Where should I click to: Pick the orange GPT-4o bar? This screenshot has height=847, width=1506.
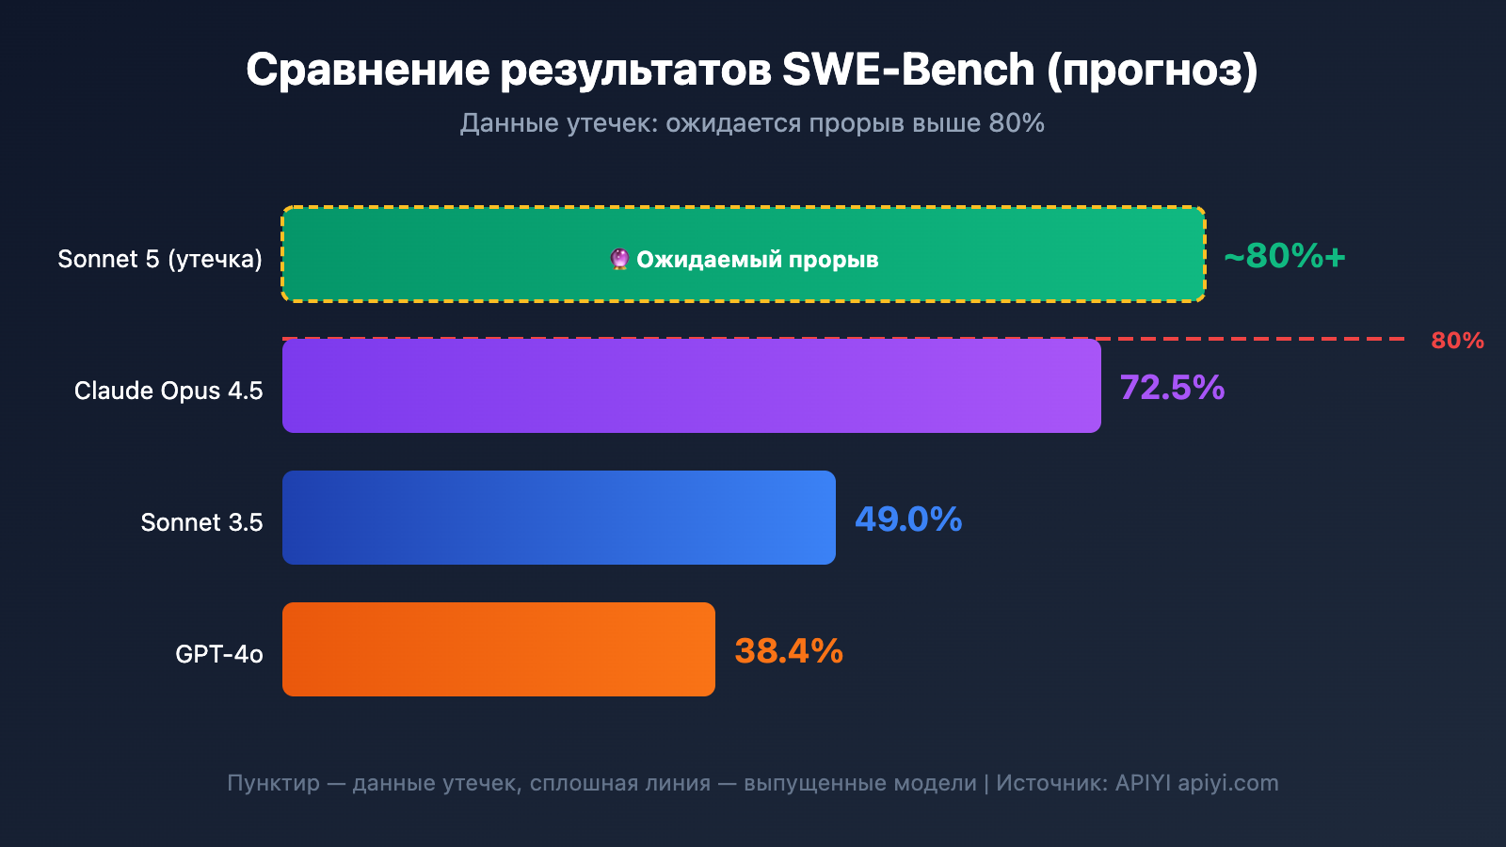499,649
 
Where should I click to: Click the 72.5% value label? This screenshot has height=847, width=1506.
1172,388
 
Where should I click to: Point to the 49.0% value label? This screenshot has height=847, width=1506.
908,519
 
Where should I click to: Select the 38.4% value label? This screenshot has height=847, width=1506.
789,651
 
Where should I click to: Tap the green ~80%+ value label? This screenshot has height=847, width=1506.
1285,256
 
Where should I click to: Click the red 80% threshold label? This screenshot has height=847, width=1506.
1457,341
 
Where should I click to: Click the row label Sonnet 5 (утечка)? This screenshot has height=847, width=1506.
160,259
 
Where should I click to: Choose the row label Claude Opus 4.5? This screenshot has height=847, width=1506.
168,391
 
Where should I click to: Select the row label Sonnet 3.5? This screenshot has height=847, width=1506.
201,522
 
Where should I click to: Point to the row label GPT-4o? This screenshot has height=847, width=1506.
218,654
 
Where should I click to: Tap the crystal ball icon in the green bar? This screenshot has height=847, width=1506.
619,259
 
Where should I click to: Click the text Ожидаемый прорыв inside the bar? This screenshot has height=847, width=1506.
758,260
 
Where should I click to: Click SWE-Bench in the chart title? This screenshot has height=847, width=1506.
908,70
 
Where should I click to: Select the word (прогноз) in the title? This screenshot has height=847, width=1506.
1152,71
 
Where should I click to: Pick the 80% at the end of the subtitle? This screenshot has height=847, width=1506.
1017,123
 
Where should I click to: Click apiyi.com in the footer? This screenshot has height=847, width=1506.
1228,783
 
